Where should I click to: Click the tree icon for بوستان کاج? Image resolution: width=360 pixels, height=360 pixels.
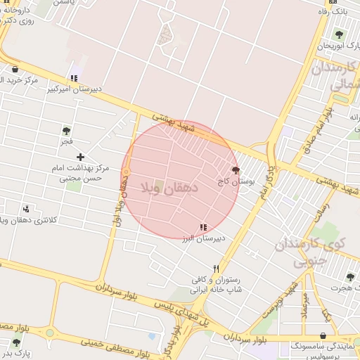235,170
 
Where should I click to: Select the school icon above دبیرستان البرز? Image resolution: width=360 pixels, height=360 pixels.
203,227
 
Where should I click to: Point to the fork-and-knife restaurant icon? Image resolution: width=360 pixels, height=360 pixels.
217,268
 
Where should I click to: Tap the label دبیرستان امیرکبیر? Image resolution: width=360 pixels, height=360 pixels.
73,89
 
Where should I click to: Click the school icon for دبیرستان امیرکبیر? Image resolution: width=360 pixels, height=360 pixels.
73,78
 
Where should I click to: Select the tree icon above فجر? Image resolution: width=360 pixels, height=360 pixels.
66,130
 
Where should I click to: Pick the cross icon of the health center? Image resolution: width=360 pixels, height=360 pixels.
81,157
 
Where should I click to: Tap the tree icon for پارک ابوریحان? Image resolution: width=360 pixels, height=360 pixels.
339,34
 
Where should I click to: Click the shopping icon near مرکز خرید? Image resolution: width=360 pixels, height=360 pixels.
15,69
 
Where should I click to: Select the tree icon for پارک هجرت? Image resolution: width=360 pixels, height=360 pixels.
350,277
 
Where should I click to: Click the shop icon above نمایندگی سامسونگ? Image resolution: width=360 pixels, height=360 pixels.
323,336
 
